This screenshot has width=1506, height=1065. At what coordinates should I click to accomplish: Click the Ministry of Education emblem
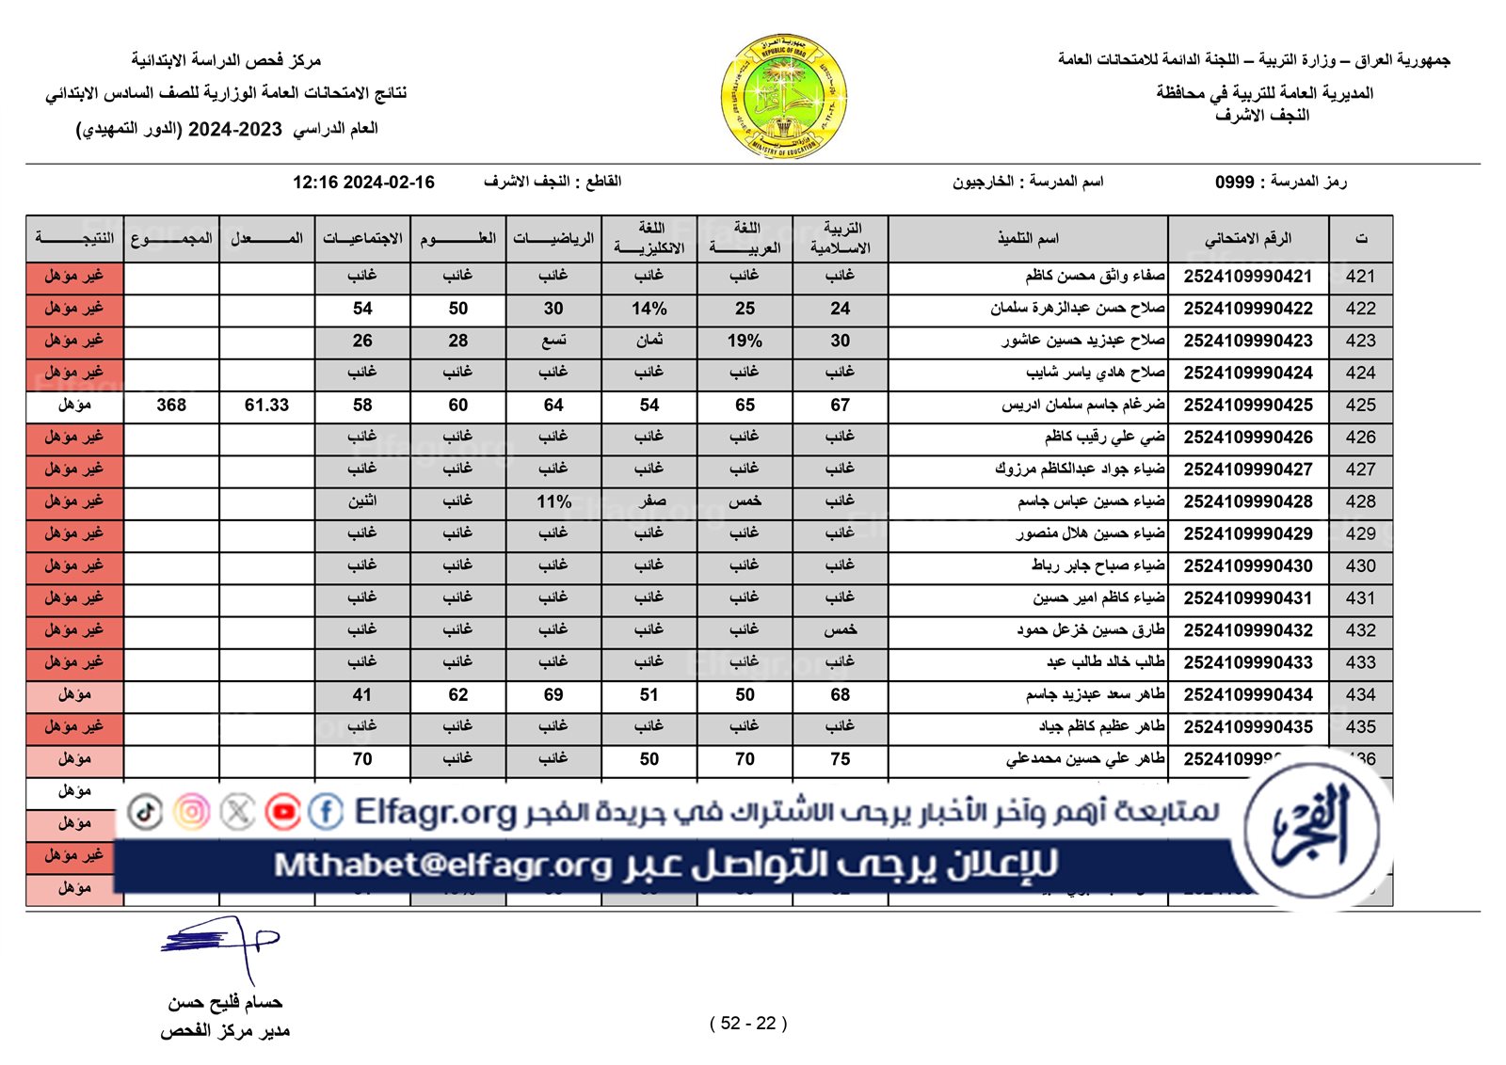784,97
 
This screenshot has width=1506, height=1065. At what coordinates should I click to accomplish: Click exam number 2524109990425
1248,405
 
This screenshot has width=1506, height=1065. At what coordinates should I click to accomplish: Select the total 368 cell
171,405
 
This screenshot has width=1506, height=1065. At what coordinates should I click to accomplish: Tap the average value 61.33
266,405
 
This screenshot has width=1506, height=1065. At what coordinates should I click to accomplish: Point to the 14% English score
649,309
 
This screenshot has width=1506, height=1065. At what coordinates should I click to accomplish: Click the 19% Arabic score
745,341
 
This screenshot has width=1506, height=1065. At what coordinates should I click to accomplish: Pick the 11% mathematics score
553,501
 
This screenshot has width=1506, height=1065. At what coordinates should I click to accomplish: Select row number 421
1360,277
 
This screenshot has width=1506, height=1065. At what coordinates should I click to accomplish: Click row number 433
1360,662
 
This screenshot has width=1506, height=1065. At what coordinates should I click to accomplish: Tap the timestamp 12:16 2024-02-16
363,183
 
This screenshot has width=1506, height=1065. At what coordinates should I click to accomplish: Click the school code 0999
1234,183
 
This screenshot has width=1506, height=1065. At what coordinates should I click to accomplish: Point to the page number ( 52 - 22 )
748,1024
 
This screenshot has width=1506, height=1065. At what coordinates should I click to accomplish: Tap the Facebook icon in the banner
326,811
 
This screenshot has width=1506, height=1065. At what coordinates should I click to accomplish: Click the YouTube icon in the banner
282,811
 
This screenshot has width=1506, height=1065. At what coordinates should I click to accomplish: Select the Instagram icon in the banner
192,811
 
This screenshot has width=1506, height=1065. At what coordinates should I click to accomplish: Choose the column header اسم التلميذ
1028,239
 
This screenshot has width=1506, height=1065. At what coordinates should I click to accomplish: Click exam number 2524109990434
1248,695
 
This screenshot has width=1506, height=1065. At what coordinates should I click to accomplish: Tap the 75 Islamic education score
841,759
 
